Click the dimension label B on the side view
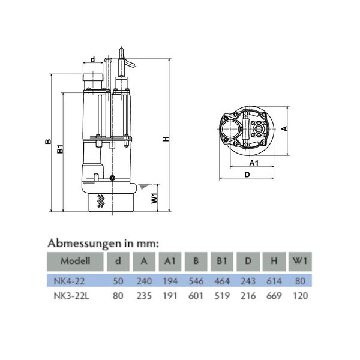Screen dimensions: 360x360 (47, 142)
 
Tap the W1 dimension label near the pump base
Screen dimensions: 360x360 (155, 199)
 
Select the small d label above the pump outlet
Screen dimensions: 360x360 (92, 59)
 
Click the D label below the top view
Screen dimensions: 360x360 (247, 175)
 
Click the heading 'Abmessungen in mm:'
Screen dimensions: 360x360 (103, 243)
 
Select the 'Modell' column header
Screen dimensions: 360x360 (75, 261)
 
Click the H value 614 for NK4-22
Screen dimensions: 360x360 (274, 281)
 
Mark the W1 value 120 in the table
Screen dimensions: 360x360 (301, 296)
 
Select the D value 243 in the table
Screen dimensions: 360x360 (248, 281)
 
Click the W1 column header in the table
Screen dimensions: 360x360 (301, 261)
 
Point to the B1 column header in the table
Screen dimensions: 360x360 (221, 261)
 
